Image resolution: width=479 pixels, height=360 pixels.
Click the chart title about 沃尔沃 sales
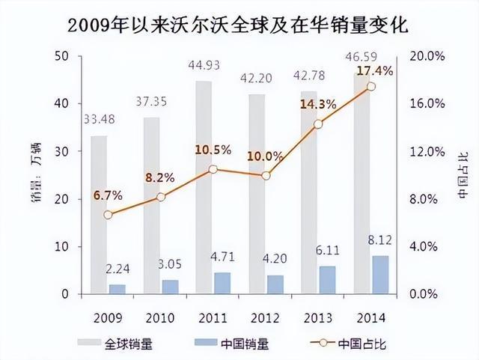(239, 24)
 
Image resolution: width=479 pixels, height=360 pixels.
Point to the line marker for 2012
(266, 175)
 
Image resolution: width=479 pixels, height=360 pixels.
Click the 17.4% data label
(372, 70)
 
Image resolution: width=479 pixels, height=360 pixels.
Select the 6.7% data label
(108, 195)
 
